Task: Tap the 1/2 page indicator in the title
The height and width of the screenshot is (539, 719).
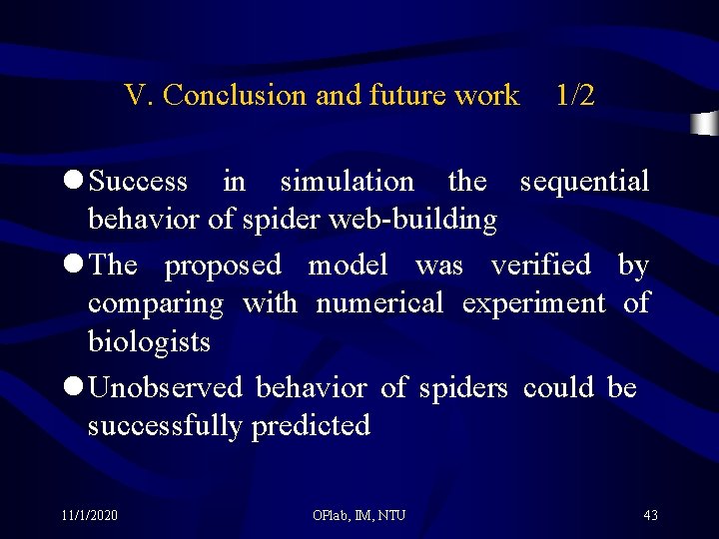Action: pos(575,96)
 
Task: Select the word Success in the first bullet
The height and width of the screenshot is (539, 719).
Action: pos(138,182)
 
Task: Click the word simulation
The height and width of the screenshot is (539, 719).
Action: pos(347,182)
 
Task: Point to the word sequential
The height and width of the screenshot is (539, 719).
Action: pos(584,182)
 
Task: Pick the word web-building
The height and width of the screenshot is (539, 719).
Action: pos(433,220)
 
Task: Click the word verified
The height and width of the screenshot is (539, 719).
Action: pos(540,266)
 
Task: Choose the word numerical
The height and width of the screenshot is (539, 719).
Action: pos(378,302)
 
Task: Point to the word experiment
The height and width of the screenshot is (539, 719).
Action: pos(533,302)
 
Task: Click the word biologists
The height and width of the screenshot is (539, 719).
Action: pos(149,342)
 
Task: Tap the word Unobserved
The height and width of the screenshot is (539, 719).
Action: pos(165,387)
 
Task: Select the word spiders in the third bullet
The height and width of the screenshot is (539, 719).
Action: pos(462,387)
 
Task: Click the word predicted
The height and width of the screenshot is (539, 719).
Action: pos(311,426)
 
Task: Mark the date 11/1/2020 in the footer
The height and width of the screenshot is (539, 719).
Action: pos(89,515)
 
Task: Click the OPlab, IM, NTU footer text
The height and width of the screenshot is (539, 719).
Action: pos(359,515)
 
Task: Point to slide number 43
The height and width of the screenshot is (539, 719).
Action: pos(650,515)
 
